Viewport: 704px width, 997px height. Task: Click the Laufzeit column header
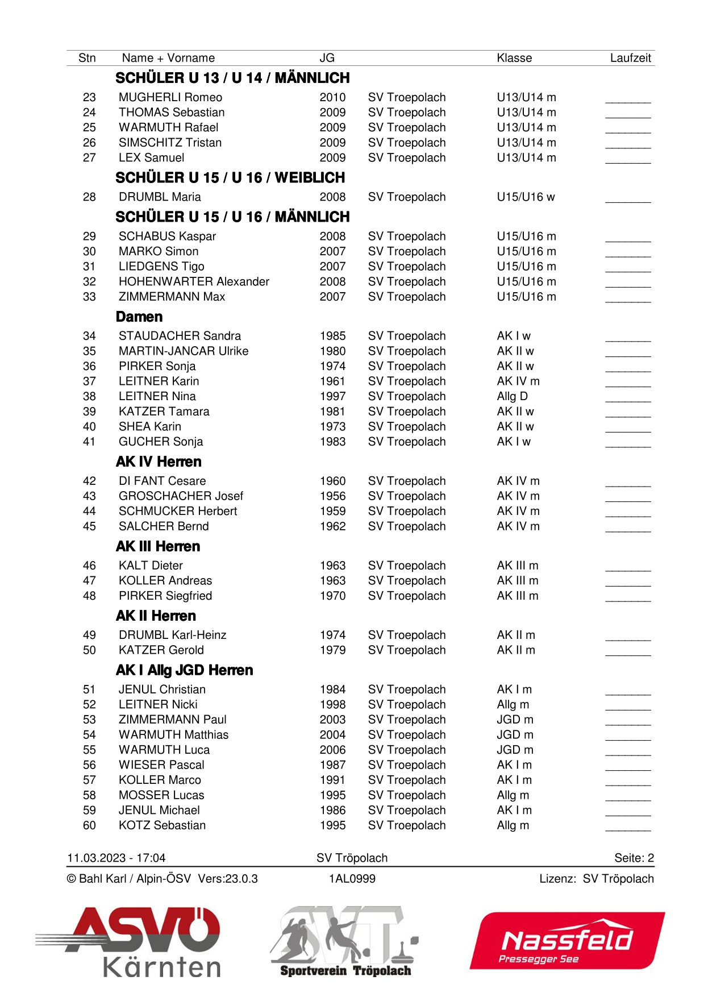630,58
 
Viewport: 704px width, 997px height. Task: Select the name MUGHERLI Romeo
170,98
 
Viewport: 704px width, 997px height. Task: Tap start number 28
89,197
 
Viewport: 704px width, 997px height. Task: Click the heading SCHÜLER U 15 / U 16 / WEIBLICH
230,178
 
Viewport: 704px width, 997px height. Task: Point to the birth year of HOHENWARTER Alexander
332,282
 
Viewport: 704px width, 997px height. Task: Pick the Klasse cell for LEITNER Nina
512,397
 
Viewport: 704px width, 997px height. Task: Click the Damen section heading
139,317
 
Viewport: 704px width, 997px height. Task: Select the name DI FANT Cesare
162,481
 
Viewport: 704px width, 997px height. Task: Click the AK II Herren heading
156,616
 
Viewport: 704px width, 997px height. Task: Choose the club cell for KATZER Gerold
406,650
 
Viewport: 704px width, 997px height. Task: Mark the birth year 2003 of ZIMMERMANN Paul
332,720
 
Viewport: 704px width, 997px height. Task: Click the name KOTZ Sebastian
162,826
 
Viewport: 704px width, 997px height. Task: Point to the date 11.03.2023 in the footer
96,858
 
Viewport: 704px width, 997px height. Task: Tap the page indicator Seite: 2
634,858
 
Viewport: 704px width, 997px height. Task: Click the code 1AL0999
352,879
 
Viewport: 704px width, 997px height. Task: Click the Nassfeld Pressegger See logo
567,941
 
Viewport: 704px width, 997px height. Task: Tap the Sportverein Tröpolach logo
344,941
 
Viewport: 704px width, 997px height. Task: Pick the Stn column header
87,58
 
